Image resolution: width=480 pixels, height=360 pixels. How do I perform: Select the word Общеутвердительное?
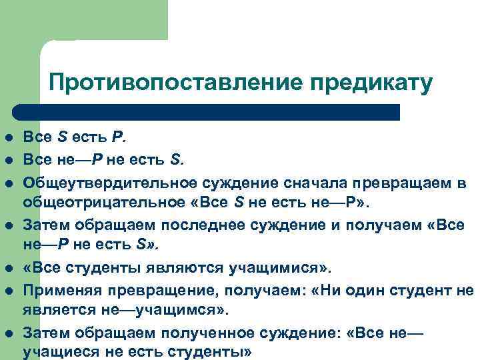(110, 182)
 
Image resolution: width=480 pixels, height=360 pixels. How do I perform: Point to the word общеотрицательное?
(106, 202)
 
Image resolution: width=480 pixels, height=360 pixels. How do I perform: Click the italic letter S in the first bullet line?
(62, 138)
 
